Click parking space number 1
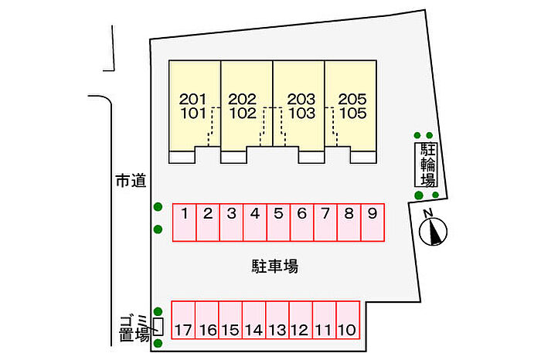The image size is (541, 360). click(184, 222)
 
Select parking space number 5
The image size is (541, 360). click(278, 222)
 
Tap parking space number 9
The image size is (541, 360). click(373, 222)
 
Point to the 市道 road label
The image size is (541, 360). click(129, 182)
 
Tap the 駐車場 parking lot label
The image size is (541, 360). click(275, 267)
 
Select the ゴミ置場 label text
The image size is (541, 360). click(133, 328)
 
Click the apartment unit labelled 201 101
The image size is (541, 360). click(195, 107)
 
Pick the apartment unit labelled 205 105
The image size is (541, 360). click(352, 107)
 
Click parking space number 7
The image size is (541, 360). click(325, 222)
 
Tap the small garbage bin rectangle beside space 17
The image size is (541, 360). click(158, 326)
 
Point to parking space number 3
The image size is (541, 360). click(231, 222)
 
